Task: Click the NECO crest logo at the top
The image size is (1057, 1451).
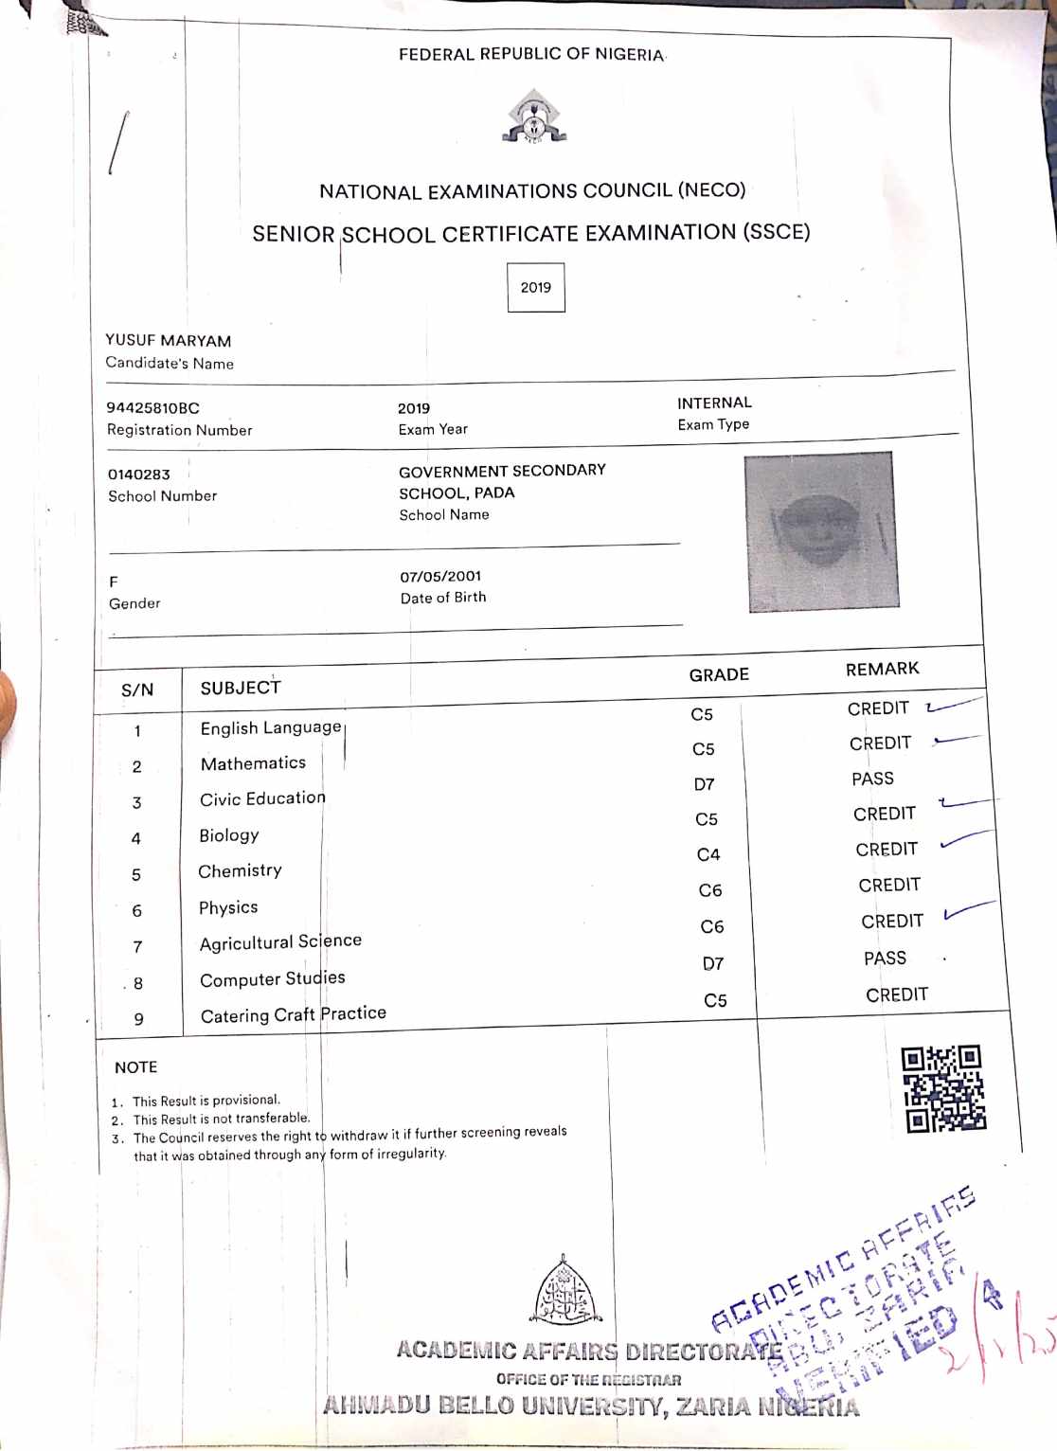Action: pyautogui.click(x=533, y=117)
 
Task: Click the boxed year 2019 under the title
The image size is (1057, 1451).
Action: pyautogui.click(x=535, y=287)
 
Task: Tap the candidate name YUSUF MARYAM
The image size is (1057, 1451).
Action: pyautogui.click(x=168, y=340)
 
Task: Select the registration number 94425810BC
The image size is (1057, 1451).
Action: pyautogui.click(x=152, y=408)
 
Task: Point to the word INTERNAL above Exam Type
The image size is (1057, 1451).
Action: pyautogui.click(x=714, y=403)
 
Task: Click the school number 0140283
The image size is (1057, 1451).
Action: pyautogui.click(x=138, y=474)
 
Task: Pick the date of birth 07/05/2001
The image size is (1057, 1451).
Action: pyautogui.click(x=440, y=576)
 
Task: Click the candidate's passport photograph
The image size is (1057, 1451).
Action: pyautogui.click(x=820, y=531)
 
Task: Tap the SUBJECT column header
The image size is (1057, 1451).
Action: pyautogui.click(x=241, y=688)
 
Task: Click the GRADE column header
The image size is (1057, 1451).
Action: pyautogui.click(x=719, y=674)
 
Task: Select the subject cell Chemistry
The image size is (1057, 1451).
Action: pyautogui.click(x=240, y=870)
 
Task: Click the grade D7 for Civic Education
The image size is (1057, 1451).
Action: pyautogui.click(x=704, y=784)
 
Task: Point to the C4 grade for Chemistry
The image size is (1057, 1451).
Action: pyautogui.click(x=708, y=854)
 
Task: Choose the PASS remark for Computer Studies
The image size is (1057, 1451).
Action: pyautogui.click(x=885, y=958)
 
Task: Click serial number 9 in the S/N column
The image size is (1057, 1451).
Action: pyautogui.click(x=139, y=1019)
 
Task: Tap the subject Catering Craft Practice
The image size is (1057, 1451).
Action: pyautogui.click(x=293, y=1014)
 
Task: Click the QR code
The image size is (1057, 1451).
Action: pyautogui.click(x=943, y=1088)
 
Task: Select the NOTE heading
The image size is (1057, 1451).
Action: pyautogui.click(x=135, y=1067)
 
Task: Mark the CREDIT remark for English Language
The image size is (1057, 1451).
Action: pyautogui.click(x=878, y=708)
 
